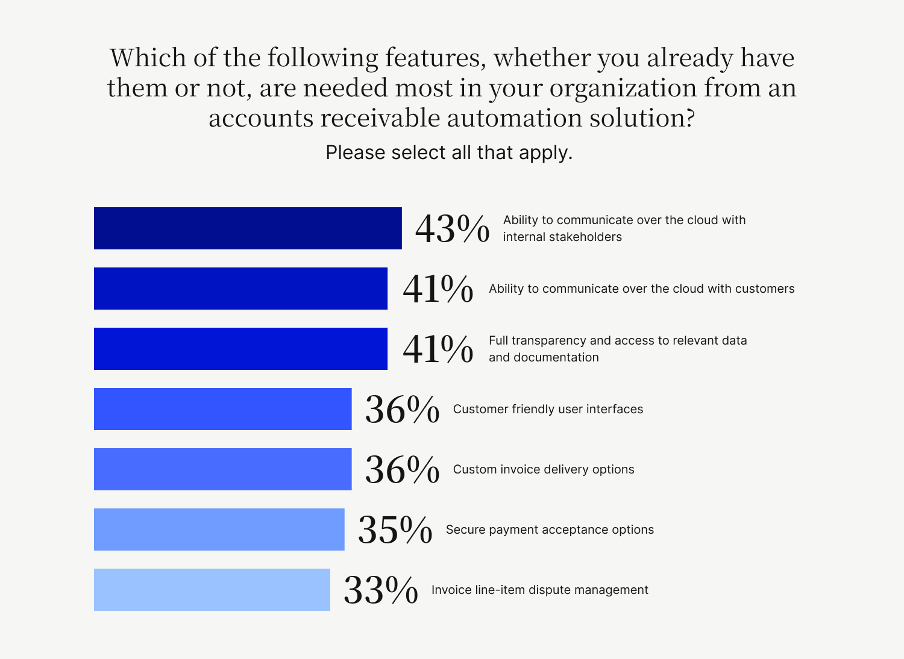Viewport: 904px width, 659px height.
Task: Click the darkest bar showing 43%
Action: [x=248, y=228]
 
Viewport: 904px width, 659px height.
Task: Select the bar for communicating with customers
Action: [x=240, y=289]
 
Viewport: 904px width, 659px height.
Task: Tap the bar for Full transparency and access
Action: [x=240, y=349]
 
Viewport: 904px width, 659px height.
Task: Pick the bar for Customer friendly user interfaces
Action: [x=223, y=409]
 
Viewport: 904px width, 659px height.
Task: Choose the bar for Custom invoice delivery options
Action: [x=223, y=469]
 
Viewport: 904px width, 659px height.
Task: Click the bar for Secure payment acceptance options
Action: [x=219, y=529]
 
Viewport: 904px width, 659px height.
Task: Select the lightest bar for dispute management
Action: [x=212, y=590]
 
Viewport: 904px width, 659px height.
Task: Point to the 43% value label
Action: [x=453, y=229]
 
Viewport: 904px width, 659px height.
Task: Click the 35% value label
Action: [x=395, y=530]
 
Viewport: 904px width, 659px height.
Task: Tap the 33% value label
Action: [x=381, y=590]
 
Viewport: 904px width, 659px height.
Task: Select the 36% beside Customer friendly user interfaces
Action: [x=402, y=410]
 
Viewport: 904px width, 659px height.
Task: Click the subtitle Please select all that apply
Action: [x=449, y=152]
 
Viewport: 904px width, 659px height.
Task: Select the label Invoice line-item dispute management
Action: [x=540, y=590]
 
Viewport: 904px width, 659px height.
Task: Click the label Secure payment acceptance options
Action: [x=550, y=529]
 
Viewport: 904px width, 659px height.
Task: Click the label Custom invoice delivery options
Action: [x=544, y=469]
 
